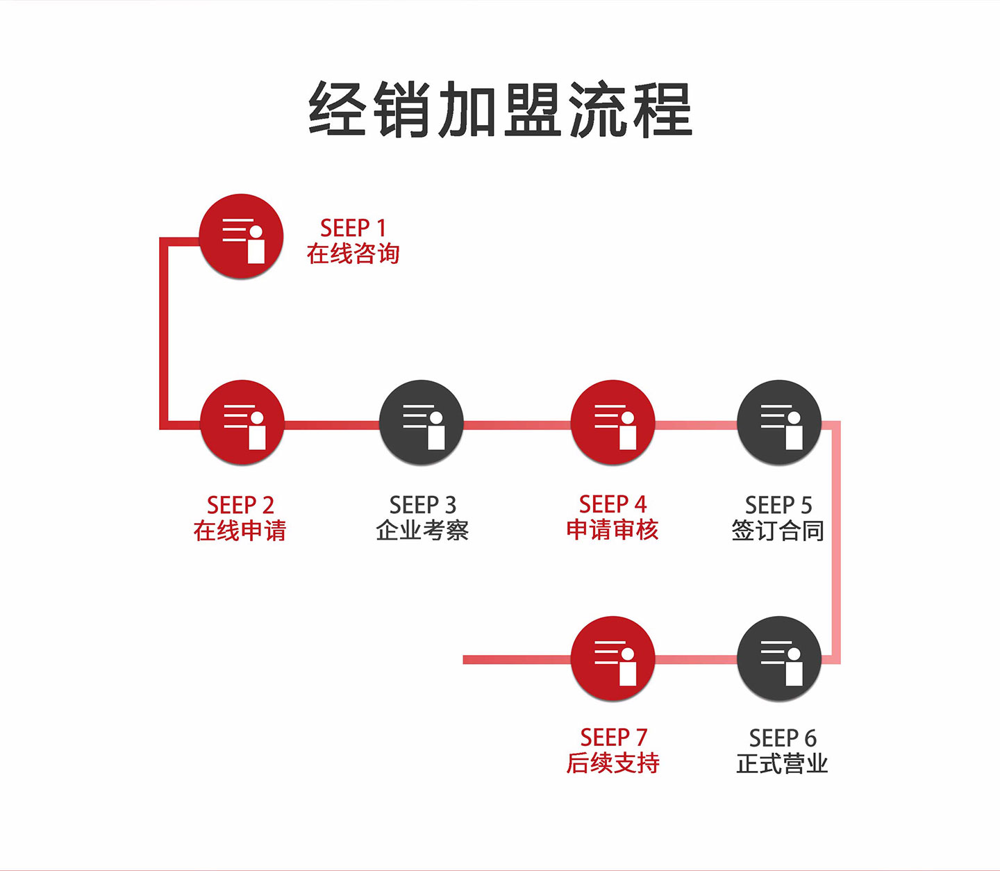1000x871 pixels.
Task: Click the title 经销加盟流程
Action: coord(500,110)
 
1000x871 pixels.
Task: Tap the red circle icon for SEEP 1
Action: coord(242,236)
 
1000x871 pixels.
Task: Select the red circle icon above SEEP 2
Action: coord(242,422)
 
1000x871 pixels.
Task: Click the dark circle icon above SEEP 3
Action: coord(422,422)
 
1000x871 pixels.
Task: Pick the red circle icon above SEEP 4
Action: coord(612,422)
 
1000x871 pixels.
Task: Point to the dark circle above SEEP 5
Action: coord(779,422)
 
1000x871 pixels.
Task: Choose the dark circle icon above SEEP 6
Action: coord(779,658)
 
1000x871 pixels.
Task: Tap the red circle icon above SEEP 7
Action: coord(612,658)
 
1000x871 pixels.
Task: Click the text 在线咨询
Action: coord(353,254)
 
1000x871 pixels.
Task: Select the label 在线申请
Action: coord(240,531)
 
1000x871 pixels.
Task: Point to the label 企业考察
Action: coord(422,531)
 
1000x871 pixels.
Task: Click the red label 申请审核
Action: coord(612,530)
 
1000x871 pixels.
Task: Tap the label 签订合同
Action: coord(778,531)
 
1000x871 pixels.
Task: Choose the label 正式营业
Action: coord(782,763)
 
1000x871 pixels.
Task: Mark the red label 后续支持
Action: coord(612,763)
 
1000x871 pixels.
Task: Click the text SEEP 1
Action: coord(353,228)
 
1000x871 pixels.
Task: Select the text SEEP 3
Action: coord(422,505)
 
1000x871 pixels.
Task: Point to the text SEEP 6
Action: coord(782,738)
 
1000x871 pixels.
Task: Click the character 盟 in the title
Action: coord(532,110)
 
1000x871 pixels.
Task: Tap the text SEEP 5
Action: coord(778,505)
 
